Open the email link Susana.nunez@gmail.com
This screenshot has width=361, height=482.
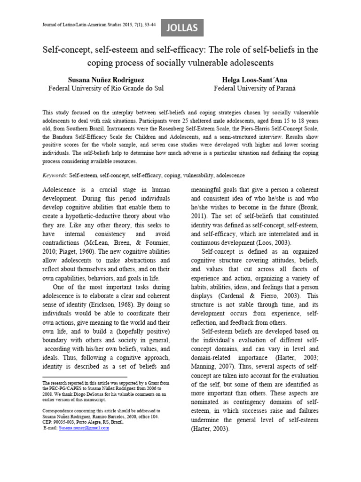tap(84, 428)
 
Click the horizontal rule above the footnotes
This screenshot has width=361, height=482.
tap(85, 377)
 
